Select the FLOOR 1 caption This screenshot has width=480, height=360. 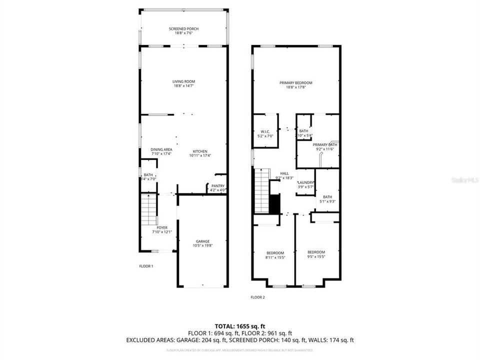[146, 266]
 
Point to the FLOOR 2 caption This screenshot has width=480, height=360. [257, 297]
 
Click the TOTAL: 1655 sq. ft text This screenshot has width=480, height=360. [239, 325]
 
